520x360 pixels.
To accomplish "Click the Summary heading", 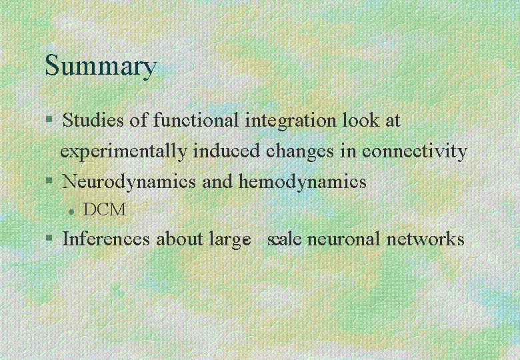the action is point(101,66).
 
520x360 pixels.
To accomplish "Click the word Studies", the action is point(93,120).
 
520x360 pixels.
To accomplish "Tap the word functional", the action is point(195,120).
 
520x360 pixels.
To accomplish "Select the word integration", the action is point(291,121).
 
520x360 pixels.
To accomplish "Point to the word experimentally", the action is point(123,152).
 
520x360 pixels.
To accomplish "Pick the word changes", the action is point(300,152).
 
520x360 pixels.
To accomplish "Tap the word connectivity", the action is point(415,152).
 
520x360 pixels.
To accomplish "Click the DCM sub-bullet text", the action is point(105,209).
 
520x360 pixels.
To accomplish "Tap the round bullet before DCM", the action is point(71,212).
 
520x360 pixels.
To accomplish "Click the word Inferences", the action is point(106,239).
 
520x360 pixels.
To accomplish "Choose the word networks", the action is point(425,239).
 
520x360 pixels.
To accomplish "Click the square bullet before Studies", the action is point(49,119).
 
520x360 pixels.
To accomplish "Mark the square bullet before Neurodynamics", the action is point(49,181).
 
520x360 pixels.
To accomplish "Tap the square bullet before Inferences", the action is point(49,238).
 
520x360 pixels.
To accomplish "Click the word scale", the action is point(284,239).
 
